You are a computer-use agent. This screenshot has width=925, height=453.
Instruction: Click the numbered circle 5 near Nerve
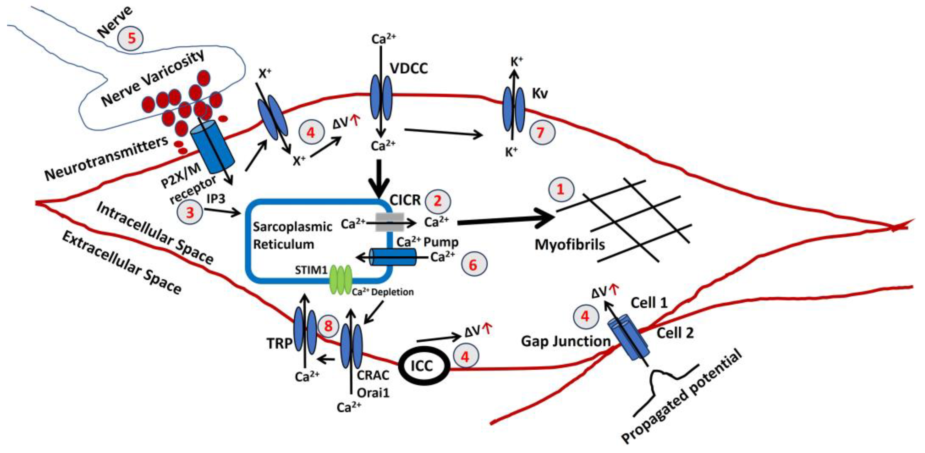click(x=131, y=38)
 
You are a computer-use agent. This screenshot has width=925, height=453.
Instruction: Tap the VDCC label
click(x=409, y=68)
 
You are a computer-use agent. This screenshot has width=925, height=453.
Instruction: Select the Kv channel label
click(x=540, y=94)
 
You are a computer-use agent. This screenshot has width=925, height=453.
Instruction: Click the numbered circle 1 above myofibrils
click(x=561, y=189)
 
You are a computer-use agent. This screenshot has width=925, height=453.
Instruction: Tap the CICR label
click(x=405, y=200)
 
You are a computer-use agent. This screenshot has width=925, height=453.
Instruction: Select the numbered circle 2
click(x=438, y=201)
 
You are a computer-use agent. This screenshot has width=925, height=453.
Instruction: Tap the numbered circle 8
click(x=328, y=326)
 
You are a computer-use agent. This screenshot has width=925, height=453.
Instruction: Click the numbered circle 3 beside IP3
click(x=190, y=212)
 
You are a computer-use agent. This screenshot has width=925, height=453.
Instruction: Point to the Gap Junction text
click(x=566, y=341)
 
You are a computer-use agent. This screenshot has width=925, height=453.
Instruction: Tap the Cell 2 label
click(x=675, y=333)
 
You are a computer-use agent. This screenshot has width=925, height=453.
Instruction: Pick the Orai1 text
click(x=373, y=393)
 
